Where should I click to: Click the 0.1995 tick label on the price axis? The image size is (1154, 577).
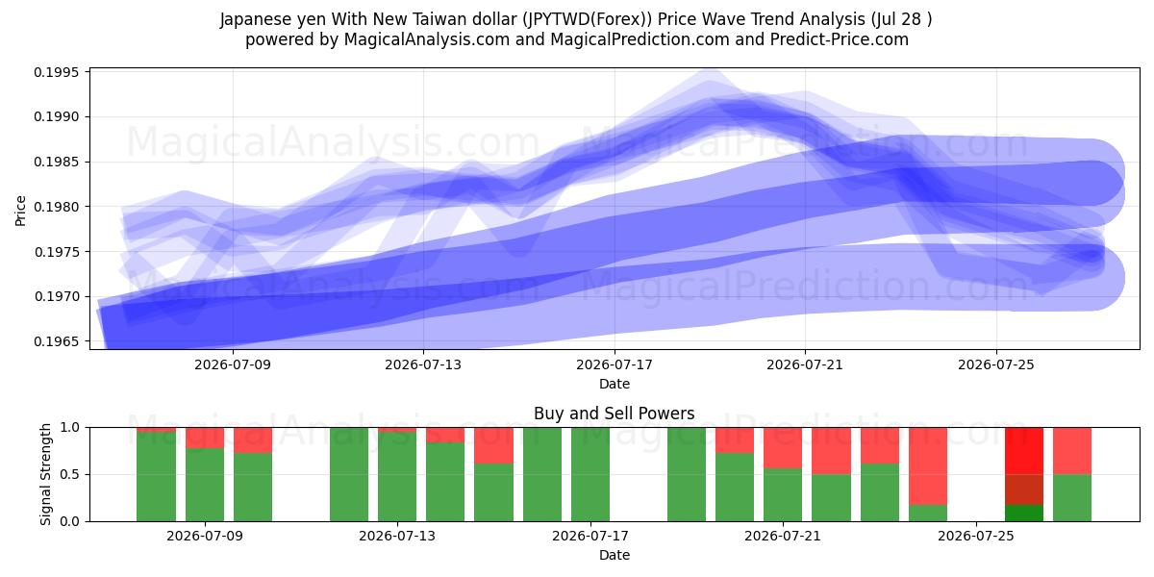click(x=57, y=72)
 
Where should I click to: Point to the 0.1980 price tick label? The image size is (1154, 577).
click(x=57, y=207)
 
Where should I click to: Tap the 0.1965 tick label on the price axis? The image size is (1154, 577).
click(x=57, y=341)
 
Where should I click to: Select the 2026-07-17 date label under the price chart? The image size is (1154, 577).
click(x=615, y=364)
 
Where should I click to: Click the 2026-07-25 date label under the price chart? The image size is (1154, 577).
click(x=996, y=364)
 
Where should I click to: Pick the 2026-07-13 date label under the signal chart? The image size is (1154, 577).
click(x=397, y=536)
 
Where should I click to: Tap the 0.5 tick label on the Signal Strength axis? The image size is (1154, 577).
click(x=69, y=474)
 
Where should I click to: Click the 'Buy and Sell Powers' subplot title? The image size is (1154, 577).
click(x=615, y=414)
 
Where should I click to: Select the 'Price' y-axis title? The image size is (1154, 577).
click(x=20, y=211)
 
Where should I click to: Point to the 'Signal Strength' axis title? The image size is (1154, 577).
click(x=46, y=474)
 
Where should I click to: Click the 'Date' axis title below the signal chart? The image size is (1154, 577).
click(x=615, y=555)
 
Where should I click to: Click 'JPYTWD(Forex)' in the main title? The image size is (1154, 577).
click(x=588, y=19)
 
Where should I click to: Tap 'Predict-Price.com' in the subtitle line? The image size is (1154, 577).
click(x=840, y=39)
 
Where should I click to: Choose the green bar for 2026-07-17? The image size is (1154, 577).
click(x=590, y=474)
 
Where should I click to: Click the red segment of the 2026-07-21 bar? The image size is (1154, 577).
click(x=783, y=448)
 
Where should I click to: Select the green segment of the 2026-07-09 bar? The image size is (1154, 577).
click(x=205, y=485)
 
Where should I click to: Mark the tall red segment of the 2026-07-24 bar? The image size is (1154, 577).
click(x=927, y=466)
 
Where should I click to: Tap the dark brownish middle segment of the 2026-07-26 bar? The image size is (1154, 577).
click(x=1023, y=489)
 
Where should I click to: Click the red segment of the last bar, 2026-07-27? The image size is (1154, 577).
click(x=1071, y=451)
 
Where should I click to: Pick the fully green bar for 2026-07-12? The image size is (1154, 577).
click(x=349, y=474)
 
